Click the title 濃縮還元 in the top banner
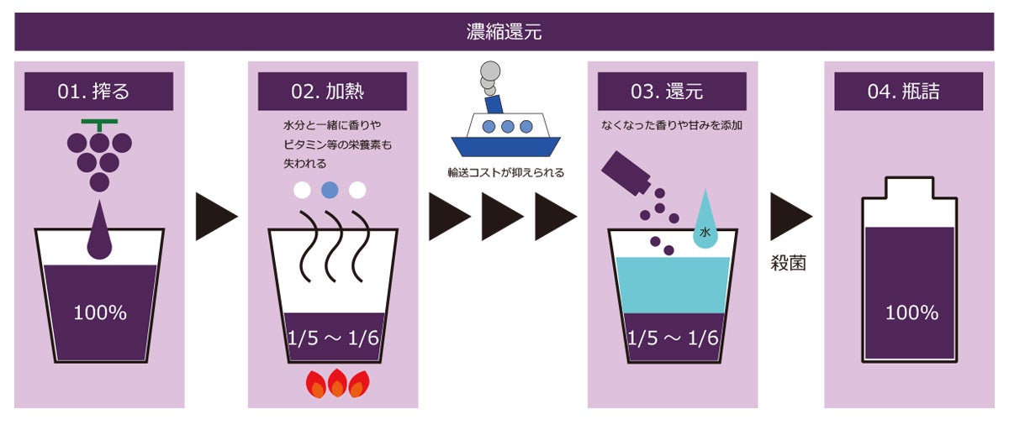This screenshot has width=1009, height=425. pos(504,32)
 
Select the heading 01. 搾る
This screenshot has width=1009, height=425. pos(99,91)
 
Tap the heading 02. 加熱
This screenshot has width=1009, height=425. pos(332,91)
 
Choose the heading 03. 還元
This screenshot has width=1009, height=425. pos(672,91)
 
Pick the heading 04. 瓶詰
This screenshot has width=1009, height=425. pos(908,91)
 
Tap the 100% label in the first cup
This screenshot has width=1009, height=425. pos(100,313)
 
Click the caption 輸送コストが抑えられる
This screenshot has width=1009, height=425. pos(505,172)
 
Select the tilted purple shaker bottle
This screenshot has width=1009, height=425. pos(626,176)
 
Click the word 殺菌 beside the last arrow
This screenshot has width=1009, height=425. pos(789,262)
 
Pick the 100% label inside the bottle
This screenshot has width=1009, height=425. pos(911,313)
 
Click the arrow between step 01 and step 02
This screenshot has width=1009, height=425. pos(216,217)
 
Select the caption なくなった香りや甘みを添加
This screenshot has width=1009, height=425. pos(672,126)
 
